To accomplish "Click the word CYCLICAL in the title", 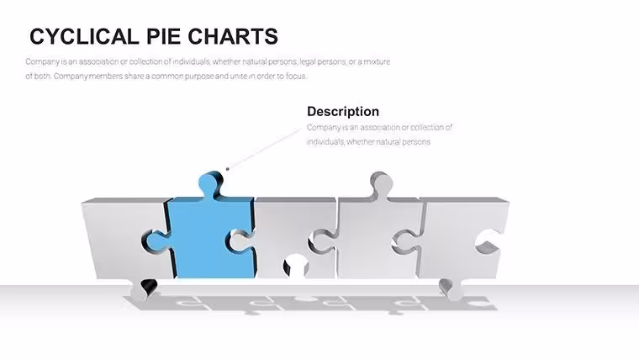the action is coord(84,36).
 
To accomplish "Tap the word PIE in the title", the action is coord(163,36).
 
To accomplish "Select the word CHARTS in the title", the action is coord(233,36).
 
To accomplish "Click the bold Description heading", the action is coord(343,111).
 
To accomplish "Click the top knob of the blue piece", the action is coord(210,183).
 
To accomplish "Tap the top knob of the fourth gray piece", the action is coord(381,184).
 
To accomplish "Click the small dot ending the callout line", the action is coord(227,169).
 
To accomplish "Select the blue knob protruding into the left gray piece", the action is coord(156,241).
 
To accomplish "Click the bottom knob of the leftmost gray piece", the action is coord(142,290).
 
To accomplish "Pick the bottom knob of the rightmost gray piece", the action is coord(452,289).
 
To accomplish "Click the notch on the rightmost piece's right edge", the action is coord(488,241).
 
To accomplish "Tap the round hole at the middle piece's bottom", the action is coord(296,266).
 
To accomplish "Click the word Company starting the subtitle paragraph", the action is coord(42,62).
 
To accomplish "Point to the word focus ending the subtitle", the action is coord(295,76).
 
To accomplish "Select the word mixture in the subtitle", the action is coord(377,61).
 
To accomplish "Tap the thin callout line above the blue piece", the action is coord(264,148).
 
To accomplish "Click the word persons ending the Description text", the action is coord(416,142).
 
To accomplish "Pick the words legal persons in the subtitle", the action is coord(323,61).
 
